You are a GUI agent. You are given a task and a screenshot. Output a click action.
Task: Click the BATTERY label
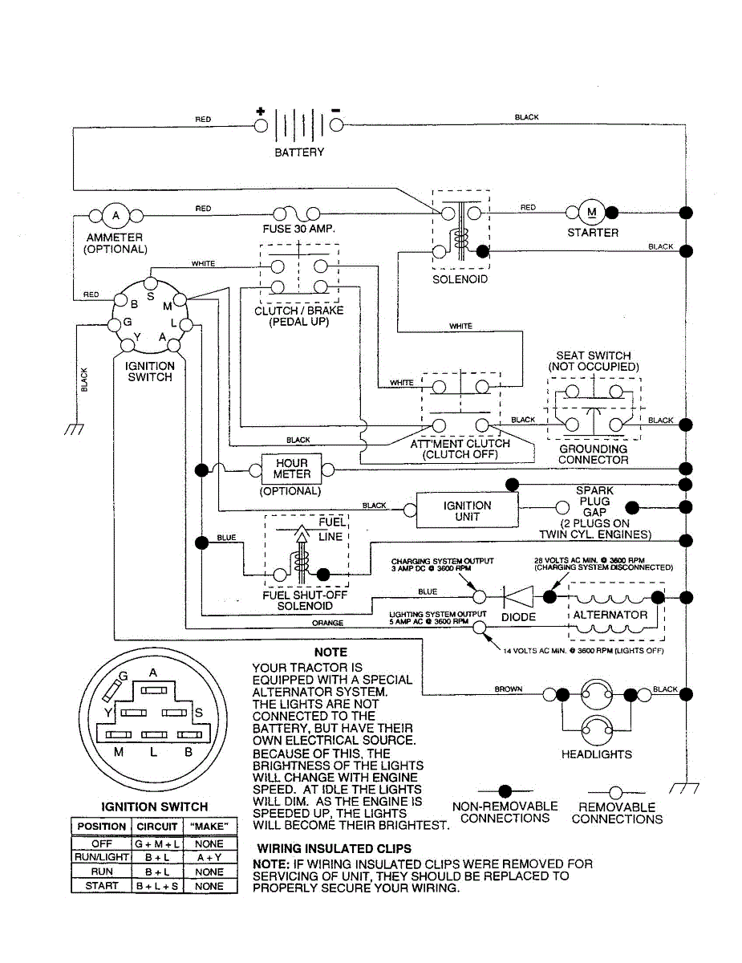click(299, 152)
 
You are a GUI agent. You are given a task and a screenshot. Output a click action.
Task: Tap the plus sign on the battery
click(260, 112)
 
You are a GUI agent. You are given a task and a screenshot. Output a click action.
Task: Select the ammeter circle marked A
click(116, 215)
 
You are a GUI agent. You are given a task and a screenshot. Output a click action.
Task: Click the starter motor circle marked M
click(594, 213)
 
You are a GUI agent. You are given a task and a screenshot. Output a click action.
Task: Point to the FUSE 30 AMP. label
click(299, 230)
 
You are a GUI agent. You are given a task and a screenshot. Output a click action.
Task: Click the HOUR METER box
click(291, 469)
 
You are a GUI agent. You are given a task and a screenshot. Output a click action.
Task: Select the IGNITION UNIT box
click(467, 511)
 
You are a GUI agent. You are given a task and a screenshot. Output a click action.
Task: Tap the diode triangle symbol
click(518, 597)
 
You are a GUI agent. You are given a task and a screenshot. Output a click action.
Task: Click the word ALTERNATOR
click(610, 615)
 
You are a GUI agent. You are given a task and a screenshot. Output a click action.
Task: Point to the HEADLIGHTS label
click(597, 754)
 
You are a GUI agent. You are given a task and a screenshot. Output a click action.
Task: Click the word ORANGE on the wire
click(328, 623)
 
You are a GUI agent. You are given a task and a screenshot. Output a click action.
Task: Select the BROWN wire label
click(509, 689)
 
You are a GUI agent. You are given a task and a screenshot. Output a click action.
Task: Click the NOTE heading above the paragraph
click(330, 652)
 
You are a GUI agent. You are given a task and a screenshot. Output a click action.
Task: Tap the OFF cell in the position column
click(101, 844)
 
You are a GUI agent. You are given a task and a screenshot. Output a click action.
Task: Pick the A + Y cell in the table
click(209, 858)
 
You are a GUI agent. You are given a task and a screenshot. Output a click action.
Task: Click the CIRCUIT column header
click(157, 827)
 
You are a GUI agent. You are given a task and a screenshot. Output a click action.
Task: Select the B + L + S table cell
click(157, 887)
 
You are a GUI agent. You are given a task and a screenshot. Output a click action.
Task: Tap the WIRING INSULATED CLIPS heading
click(335, 848)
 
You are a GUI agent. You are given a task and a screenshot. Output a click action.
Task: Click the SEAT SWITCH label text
click(594, 356)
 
